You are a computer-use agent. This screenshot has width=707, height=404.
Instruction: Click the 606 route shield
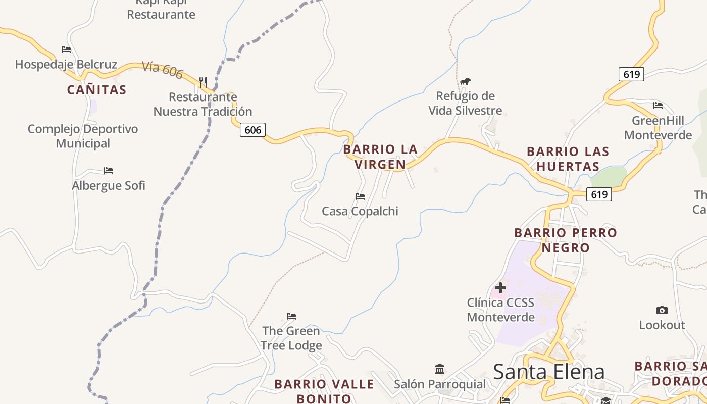click(252, 130)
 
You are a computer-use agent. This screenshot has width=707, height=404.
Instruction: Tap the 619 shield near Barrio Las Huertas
click(599, 194)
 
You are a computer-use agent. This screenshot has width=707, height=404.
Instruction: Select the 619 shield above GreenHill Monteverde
click(631, 74)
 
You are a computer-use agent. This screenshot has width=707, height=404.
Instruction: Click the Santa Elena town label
click(548, 372)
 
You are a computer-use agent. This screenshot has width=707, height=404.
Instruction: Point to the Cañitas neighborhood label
click(96, 90)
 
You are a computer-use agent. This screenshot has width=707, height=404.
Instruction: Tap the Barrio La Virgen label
click(380, 157)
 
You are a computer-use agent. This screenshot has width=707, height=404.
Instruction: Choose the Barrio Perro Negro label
click(566, 240)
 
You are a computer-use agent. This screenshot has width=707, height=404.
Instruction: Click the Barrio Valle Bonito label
click(324, 391)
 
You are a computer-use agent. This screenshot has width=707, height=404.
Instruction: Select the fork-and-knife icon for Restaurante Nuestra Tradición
click(203, 81)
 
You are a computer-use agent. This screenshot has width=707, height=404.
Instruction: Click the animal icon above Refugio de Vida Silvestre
click(465, 81)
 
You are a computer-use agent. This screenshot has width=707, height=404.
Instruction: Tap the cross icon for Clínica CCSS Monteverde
click(500, 288)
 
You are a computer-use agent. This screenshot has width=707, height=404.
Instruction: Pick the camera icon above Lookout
click(662, 310)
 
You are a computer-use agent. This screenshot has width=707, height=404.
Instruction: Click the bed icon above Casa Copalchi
click(360, 196)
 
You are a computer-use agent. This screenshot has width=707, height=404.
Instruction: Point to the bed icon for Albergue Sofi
click(109, 170)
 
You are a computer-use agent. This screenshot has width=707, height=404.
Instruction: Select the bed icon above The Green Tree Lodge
click(291, 316)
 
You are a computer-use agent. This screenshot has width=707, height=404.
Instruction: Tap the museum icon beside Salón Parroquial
click(439, 369)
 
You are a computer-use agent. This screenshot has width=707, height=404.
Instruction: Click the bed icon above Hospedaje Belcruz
click(66, 49)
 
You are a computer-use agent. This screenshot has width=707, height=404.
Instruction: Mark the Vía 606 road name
click(162, 70)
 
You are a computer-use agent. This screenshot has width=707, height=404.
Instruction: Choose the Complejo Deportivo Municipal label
click(83, 136)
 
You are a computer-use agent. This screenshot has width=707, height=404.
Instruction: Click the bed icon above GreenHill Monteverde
click(658, 106)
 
